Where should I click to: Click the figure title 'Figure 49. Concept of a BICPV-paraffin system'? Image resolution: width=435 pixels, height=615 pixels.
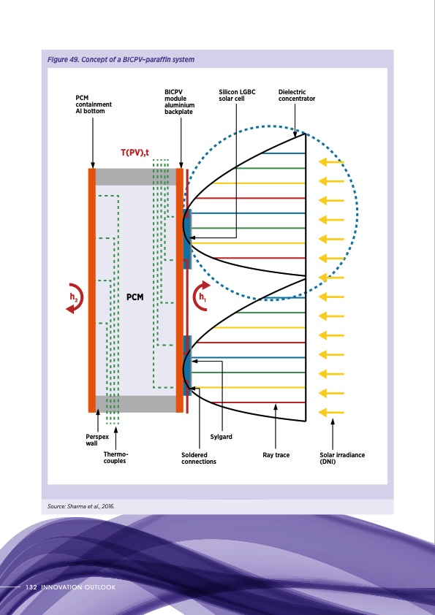[121, 59]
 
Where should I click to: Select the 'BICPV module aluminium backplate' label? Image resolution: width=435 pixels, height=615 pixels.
[179, 103]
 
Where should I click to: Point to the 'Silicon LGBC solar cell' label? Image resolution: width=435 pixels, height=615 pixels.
[236, 95]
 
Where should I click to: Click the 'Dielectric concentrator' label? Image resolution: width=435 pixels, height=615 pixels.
[296, 95]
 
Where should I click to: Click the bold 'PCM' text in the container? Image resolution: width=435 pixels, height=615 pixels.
[135, 297]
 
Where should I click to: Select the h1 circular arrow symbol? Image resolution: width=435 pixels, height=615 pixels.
[201, 297]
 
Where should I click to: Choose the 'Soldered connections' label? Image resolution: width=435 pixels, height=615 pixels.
[199, 458]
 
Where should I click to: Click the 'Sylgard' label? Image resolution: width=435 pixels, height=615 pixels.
[222, 437]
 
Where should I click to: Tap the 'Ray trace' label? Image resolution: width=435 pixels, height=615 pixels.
[276, 455]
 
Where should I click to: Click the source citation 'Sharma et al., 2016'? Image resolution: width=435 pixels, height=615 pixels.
[81, 506]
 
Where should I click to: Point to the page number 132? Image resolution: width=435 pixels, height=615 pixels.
[31, 587]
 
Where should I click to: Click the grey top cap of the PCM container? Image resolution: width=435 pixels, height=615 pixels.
[135, 177]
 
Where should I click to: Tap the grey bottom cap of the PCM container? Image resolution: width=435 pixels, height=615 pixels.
[135, 404]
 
